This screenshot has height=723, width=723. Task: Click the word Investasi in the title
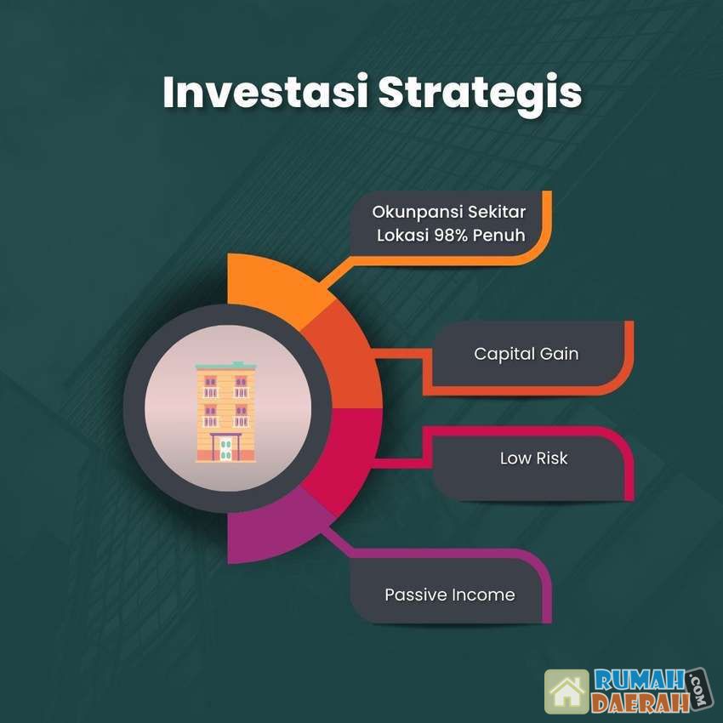pos(265,91)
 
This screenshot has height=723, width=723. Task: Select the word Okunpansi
pos(417,213)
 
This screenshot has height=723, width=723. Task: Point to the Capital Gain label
pos(527,354)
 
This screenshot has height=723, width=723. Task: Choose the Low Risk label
pos(533,458)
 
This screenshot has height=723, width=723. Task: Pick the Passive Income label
pos(450,595)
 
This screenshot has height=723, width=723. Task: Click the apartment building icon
pos(225,412)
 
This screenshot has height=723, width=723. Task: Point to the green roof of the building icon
pos(225,366)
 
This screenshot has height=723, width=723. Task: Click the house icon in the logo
pos(566,692)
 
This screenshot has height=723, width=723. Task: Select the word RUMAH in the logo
pos(639,680)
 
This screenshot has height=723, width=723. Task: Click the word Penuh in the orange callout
pos(499,235)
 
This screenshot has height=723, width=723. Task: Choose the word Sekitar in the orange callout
pos(497,212)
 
